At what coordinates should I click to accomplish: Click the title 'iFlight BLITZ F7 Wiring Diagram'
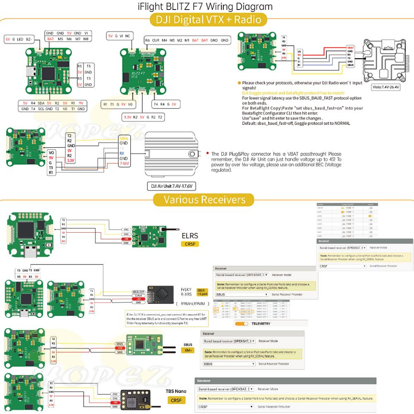(205, 7)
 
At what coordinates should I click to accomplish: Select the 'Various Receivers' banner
(205, 200)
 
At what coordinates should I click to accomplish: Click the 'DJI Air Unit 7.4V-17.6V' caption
(171, 186)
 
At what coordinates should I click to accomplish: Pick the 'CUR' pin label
(156, 41)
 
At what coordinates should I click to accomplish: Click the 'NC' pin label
(128, 36)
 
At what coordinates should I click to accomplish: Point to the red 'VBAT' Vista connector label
(350, 48)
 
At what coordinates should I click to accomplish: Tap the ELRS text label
(190, 236)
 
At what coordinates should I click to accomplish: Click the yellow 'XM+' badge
(188, 350)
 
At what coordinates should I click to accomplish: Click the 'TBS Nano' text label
(176, 391)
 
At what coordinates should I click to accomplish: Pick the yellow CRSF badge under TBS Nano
(176, 400)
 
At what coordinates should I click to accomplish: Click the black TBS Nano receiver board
(136, 399)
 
